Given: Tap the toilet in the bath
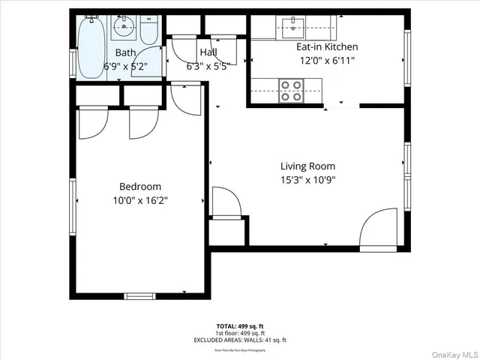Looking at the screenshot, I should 148,31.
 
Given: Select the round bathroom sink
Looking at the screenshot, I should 123,29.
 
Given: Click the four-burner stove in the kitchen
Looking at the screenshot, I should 291,90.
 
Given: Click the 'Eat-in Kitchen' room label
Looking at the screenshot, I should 322,46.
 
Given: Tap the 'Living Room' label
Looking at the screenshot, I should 307,166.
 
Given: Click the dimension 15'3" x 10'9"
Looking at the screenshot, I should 307,180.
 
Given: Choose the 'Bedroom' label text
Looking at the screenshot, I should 140,187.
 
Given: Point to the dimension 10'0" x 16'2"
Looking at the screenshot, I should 140,200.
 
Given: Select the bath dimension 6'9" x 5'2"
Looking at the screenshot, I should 125,66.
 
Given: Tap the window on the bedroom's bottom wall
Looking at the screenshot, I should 139,295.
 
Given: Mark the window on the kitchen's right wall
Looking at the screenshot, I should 407,58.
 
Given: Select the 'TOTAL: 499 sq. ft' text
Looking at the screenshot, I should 240,326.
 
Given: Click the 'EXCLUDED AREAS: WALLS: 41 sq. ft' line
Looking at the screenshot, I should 240,340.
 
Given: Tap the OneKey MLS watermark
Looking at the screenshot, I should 452,352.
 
